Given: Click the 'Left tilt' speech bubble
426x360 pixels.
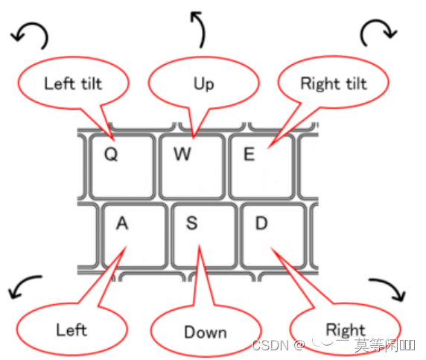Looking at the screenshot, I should point(72,83).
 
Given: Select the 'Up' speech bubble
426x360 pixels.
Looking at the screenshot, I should point(203,83).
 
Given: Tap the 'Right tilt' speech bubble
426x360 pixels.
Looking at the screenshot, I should point(333,83).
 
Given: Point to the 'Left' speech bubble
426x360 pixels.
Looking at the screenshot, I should point(71,329).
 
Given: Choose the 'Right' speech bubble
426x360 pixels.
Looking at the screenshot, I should point(344,329).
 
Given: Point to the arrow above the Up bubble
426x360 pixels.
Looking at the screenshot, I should point(197,28).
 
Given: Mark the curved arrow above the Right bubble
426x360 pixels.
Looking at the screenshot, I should point(388,291).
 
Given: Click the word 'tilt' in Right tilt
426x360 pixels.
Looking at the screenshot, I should point(355,83).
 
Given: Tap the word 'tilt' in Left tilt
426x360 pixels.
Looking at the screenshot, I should point(89,83).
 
